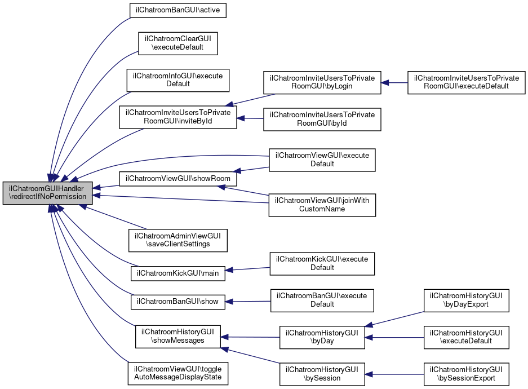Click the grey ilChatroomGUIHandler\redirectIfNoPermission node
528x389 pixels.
(47, 193)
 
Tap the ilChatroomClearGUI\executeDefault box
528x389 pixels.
(178, 43)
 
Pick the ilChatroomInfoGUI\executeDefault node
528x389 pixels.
(178, 79)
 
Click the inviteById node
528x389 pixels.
(178, 117)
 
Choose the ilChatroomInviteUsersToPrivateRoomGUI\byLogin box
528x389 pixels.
(322, 82)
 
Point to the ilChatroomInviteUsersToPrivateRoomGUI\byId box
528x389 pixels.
(322, 119)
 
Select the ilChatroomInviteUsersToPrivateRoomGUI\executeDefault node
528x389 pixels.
(466, 82)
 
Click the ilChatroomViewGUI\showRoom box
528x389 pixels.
(178, 178)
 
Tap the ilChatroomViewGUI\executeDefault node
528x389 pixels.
(322, 160)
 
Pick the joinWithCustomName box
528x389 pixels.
(322, 205)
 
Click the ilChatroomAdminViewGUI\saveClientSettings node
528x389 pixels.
(178, 240)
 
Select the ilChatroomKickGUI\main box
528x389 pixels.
(178, 273)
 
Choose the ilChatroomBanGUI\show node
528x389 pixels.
(178, 302)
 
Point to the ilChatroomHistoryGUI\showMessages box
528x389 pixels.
(178, 336)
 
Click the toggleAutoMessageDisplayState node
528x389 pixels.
(178, 373)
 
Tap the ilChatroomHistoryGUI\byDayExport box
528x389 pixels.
(466, 300)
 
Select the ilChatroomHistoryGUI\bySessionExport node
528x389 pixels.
(466, 374)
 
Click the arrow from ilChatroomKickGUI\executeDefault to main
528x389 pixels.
(248, 269)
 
